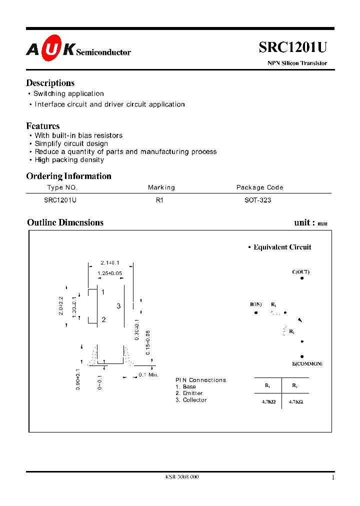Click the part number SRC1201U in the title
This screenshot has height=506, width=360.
(x=292, y=47)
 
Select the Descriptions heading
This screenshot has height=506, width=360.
(x=50, y=83)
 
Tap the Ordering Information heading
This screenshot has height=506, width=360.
(x=68, y=176)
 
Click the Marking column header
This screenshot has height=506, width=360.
(x=161, y=187)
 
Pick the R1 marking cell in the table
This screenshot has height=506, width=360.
(x=159, y=200)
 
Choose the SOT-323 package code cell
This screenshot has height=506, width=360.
(x=254, y=200)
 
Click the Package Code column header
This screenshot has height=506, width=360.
(x=259, y=187)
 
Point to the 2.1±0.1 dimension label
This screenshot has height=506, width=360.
(x=110, y=263)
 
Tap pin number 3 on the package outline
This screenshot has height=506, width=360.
(x=118, y=305)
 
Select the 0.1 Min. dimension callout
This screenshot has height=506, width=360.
(x=148, y=374)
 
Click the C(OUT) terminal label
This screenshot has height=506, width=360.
(x=300, y=272)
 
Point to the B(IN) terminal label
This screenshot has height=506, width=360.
(x=256, y=304)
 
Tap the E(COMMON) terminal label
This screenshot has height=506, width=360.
(x=307, y=363)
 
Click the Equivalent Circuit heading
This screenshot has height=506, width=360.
(x=282, y=247)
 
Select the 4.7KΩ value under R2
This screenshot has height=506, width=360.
(x=295, y=401)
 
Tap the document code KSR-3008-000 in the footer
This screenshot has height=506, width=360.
(x=181, y=477)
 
